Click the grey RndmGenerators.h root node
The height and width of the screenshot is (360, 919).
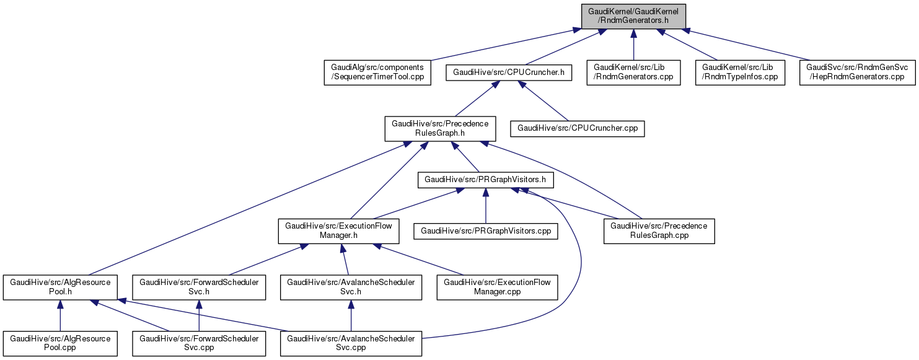(633, 16)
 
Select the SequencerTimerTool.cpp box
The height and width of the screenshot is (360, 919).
(377, 72)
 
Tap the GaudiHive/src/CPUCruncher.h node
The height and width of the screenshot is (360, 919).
(509, 72)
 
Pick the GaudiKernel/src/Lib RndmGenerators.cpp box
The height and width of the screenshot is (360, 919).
(633, 72)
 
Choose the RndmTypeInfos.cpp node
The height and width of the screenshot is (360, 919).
(739, 72)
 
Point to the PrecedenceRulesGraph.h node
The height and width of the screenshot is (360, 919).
(440, 129)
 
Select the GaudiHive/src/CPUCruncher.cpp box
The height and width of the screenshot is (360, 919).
(577, 129)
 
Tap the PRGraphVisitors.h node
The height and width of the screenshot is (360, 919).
(486, 180)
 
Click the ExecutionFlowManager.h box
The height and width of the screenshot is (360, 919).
(338, 231)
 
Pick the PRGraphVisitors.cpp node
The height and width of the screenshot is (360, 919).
(486, 231)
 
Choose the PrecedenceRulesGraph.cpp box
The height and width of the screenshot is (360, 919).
(659, 231)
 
